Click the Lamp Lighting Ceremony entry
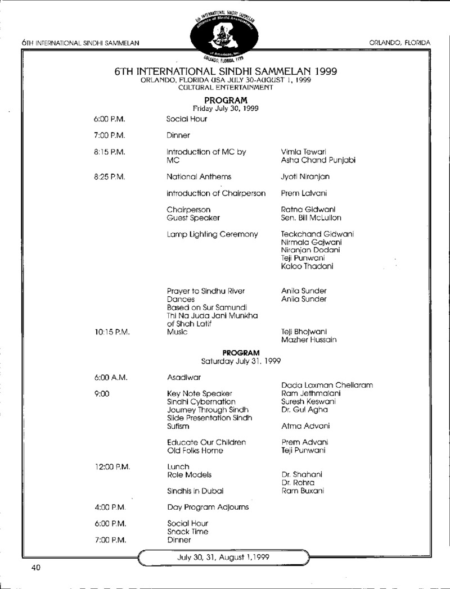coord(212,234)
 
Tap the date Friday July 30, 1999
coord(225,108)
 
